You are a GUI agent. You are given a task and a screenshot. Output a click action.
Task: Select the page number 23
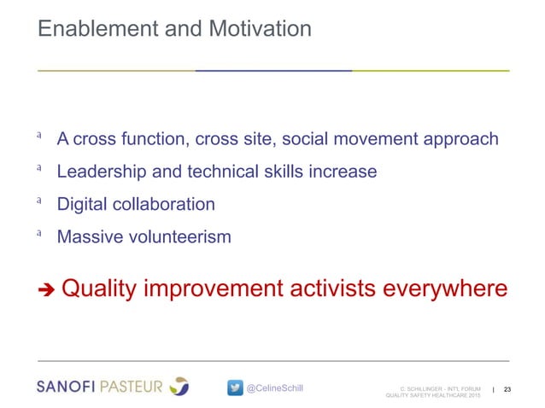click(509, 389)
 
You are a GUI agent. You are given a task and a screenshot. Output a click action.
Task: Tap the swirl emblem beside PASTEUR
click(179, 386)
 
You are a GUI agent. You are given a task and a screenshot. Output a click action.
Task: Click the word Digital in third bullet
click(82, 205)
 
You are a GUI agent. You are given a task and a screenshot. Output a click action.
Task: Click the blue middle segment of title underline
click(273, 70)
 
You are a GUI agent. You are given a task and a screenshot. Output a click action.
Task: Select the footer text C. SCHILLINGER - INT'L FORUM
click(437, 386)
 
